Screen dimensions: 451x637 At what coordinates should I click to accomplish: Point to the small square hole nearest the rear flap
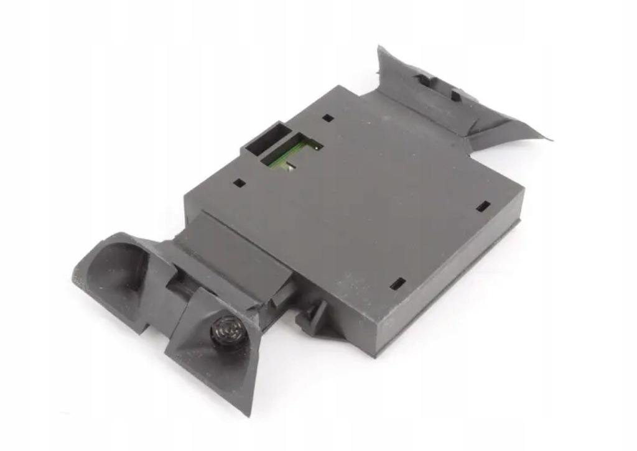point(328,118)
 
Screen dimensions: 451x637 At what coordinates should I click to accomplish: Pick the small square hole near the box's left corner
point(238,184)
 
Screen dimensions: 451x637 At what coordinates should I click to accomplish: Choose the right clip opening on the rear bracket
point(456,95)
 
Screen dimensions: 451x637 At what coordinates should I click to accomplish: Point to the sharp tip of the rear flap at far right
point(551,139)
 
